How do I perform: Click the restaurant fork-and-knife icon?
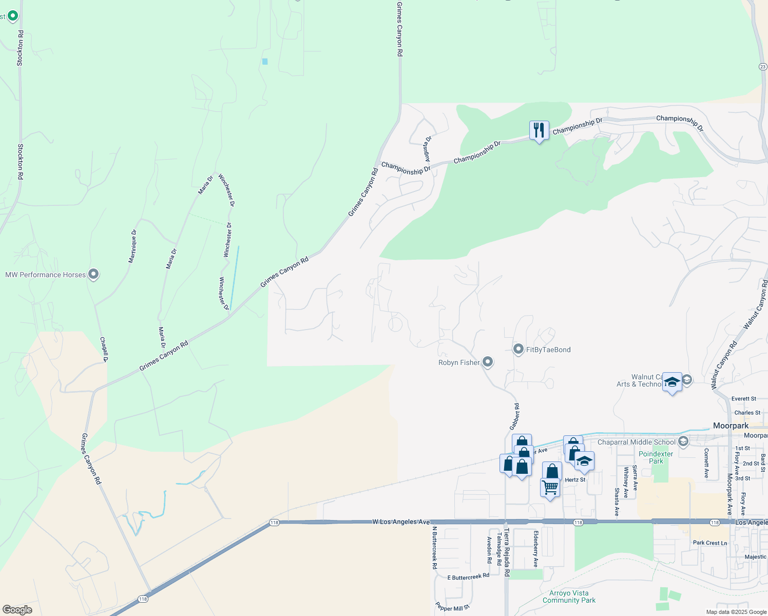pyautogui.click(x=539, y=130)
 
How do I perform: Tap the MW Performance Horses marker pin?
pyautogui.click(x=93, y=274)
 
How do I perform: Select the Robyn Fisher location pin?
pyautogui.click(x=488, y=362)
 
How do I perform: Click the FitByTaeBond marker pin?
pyautogui.click(x=518, y=349)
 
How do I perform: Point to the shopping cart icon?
pyautogui.click(x=550, y=487)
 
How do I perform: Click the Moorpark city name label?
pyautogui.click(x=731, y=426)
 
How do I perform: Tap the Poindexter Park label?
pyautogui.click(x=656, y=457)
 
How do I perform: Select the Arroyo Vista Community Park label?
pyautogui.click(x=569, y=596)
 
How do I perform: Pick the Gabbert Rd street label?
pyautogui.click(x=514, y=416)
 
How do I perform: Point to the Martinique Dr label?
pyautogui.click(x=132, y=246)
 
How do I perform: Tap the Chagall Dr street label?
pyautogui.click(x=104, y=350)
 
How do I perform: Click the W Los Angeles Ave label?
pyautogui.click(x=401, y=522)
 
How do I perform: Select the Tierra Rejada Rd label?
pyautogui.click(x=507, y=552)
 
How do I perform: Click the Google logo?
pyautogui.click(x=17, y=610)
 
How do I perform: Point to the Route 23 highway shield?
pyautogui.click(x=763, y=67)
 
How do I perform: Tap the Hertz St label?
pyautogui.click(x=575, y=480)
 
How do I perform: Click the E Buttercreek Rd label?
pyautogui.click(x=468, y=577)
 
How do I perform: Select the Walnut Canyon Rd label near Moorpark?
pyautogui.click(x=723, y=364)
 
